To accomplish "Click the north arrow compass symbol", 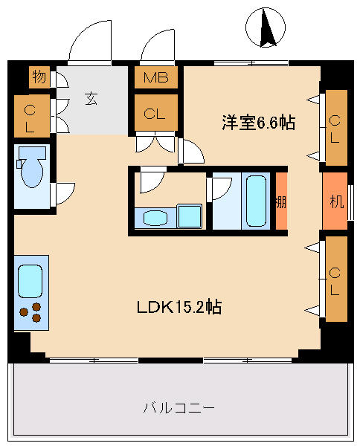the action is pos(266,28).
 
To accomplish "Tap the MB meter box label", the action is pos(156,77).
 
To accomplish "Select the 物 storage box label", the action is pos(39,77).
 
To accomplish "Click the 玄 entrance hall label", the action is pos(91,99).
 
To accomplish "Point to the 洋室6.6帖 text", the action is pos(258,123).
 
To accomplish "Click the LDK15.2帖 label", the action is pos(179,306).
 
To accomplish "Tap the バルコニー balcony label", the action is pos(179,408).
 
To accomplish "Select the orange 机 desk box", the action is pos(335,201).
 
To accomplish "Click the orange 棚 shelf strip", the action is pos(281,201).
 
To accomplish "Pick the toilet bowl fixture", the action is pos(31,167).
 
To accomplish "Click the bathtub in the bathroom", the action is pos(256,201).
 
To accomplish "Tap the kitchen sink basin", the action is pos(30,281).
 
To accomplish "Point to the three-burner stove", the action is pos(30,312).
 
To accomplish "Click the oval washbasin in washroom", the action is pos(155,218).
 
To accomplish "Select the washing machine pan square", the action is pos(189,216).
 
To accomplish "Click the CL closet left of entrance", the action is pos(32,116).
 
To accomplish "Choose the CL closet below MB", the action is pos(156,113).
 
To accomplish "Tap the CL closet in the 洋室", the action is pos(336,128).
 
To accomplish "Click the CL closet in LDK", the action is pos(336,279).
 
